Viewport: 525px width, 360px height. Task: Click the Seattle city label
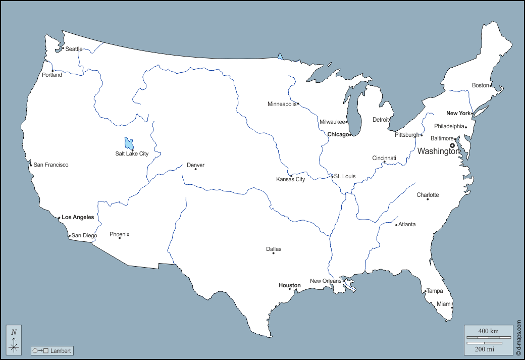click(74, 49)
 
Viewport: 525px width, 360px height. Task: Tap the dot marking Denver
click(195, 169)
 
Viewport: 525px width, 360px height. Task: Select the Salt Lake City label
click(132, 153)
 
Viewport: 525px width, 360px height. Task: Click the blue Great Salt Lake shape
click(129, 143)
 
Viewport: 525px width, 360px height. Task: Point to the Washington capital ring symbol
click(452, 145)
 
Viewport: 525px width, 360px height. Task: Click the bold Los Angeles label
click(78, 217)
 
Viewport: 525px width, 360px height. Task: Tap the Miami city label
click(444, 304)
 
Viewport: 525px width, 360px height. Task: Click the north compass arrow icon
click(14, 340)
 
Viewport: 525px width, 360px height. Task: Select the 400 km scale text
click(488, 331)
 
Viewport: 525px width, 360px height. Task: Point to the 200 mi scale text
click(485, 349)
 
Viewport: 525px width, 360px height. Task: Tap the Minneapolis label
click(282, 104)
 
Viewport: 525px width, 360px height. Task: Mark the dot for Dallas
click(274, 253)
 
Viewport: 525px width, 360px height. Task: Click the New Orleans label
click(326, 281)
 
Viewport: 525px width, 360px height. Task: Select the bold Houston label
click(290, 285)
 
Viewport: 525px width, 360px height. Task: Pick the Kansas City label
click(290, 179)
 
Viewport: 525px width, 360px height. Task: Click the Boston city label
click(481, 85)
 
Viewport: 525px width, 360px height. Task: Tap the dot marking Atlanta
click(397, 225)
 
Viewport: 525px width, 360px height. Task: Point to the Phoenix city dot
click(120, 238)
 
